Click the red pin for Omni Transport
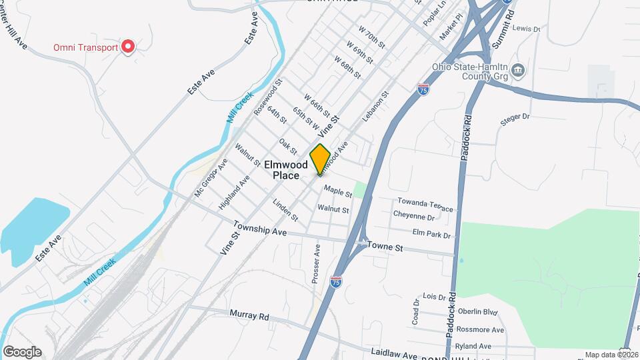point(127,47)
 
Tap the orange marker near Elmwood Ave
point(320,159)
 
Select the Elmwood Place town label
point(286,170)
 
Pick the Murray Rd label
point(249,315)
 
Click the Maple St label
point(337,192)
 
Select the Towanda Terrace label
point(425,205)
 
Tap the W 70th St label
point(371,37)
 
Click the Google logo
point(22,352)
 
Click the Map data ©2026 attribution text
point(611,355)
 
